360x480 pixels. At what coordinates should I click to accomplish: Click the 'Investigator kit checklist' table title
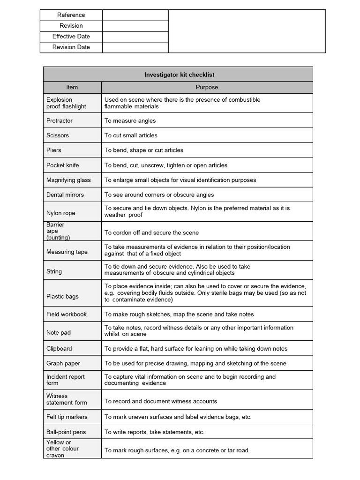(180, 75)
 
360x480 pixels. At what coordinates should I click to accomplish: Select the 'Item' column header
(72, 87)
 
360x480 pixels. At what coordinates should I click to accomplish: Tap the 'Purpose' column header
(207, 87)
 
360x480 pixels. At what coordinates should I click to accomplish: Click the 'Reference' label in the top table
(71, 15)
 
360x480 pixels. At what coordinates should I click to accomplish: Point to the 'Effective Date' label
(71, 37)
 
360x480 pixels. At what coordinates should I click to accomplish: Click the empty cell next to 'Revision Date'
(135, 47)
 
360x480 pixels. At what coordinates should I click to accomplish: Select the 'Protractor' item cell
(60, 120)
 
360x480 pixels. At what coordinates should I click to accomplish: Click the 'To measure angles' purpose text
(130, 120)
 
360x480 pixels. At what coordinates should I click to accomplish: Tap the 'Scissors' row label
(58, 135)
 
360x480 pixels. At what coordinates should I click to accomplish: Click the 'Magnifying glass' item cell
(68, 180)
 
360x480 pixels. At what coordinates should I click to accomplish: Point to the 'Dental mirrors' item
(65, 195)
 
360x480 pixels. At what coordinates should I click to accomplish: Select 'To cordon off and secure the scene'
(151, 233)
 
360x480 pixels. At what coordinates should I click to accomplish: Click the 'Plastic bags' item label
(62, 297)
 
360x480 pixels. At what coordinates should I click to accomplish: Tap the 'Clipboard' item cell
(59, 349)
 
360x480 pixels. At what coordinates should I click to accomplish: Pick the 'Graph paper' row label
(63, 363)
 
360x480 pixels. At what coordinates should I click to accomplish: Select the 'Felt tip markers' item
(67, 417)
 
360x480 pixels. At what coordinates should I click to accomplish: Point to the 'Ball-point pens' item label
(66, 432)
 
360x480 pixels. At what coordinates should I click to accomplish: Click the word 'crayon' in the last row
(55, 455)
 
